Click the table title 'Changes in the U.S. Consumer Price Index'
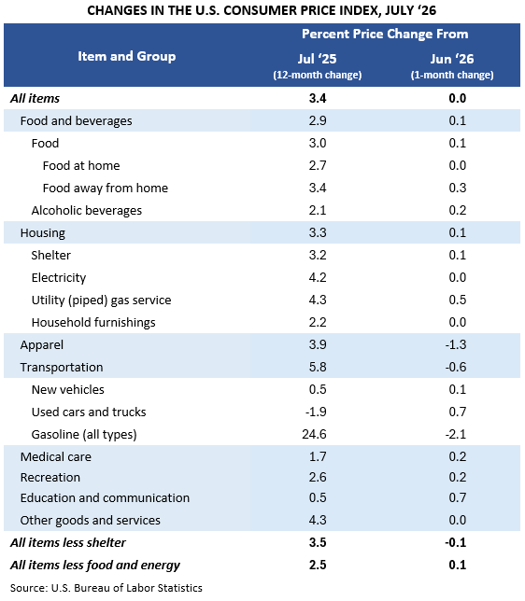click(x=262, y=10)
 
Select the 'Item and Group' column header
click(x=127, y=56)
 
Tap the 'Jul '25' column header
click(x=317, y=59)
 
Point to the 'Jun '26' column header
click(x=452, y=59)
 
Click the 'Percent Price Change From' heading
click(x=385, y=35)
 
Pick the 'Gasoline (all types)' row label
click(x=84, y=434)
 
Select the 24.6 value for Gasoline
click(x=314, y=434)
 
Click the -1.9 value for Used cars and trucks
click(x=316, y=412)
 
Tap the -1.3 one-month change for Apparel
click(x=456, y=344)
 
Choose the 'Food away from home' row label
click(x=106, y=188)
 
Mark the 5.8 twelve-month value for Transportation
click(x=318, y=367)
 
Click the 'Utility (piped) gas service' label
click(x=101, y=300)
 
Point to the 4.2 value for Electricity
click(x=318, y=277)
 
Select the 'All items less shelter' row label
click(x=68, y=543)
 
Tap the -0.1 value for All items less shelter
click(x=456, y=543)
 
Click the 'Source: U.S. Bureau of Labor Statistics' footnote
click(x=106, y=588)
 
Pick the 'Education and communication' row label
click(x=105, y=498)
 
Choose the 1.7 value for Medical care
click(x=318, y=456)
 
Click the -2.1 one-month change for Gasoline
click(x=456, y=434)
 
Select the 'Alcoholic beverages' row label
click(x=87, y=210)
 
